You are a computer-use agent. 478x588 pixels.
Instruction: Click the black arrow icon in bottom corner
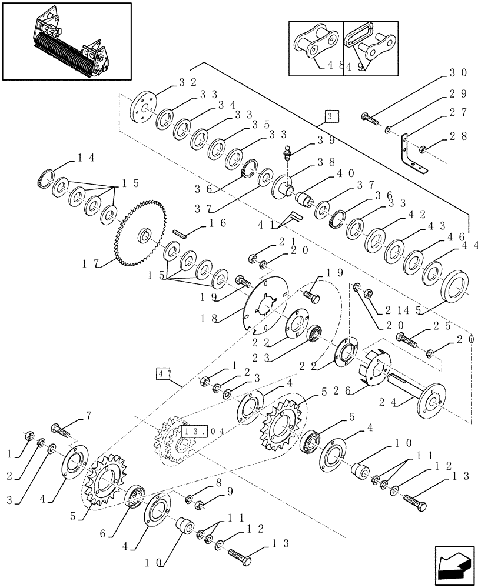pos(454,564)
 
